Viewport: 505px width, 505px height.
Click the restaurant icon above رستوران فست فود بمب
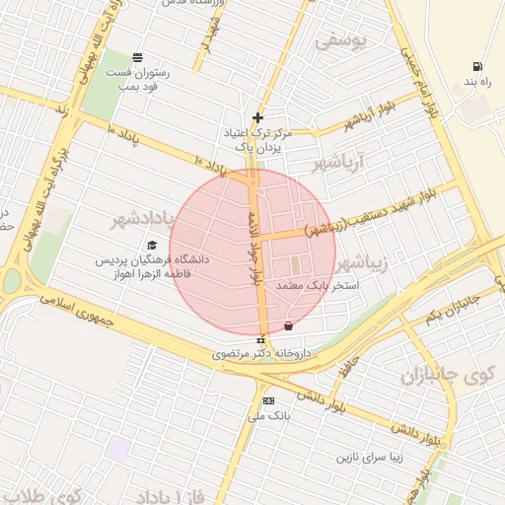[x=136, y=57]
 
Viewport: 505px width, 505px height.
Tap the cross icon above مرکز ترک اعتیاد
[x=258, y=117]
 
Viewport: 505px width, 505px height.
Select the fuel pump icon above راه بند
[x=477, y=65]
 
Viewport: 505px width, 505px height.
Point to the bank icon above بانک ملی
[x=268, y=400]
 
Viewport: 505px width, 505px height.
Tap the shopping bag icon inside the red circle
[x=288, y=325]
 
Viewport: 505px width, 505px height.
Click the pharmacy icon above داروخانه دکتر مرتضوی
[x=260, y=340]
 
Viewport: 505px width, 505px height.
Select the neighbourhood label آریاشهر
[x=338, y=161]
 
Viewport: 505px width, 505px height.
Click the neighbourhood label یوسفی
[x=341, y=42]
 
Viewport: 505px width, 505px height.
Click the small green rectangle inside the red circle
[x=293, y=266]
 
